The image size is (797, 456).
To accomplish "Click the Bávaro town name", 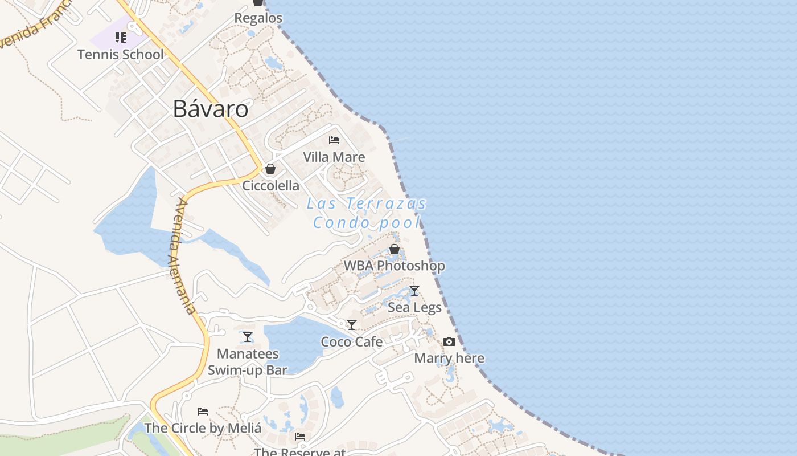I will point(211,108).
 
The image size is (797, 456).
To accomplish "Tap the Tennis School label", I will point(120,55).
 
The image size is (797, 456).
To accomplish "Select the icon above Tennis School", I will point(120,38).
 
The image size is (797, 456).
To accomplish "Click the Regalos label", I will point(258,18).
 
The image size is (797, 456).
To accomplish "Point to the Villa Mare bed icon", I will point(334,140).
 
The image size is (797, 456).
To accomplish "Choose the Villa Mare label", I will point(334,157).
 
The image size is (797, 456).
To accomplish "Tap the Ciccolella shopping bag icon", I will point(270,169).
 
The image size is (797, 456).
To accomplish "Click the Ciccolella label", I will point(271,185).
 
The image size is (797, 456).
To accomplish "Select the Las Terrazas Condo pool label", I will point(367,213).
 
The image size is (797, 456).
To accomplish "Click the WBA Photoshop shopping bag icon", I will point(394,249).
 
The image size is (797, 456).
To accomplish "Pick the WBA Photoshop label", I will point(394,266).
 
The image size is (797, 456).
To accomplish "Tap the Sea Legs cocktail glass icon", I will point(414,291).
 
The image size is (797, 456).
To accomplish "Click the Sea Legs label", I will point(414,308).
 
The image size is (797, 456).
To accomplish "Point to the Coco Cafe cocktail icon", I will point(352,325).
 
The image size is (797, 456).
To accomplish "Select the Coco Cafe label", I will point(352,341).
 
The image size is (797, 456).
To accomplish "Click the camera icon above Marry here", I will point(449,341).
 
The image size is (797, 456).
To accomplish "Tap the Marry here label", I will point(449,358).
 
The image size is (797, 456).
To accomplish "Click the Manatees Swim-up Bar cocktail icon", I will point(248,337).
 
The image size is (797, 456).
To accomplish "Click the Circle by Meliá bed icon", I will point(203,411).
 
